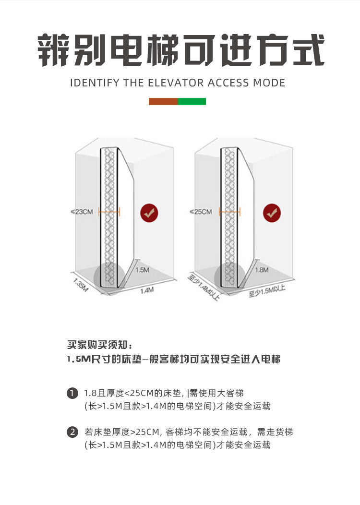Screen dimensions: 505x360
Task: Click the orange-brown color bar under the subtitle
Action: point(163,101)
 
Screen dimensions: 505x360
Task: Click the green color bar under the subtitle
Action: point(192,101)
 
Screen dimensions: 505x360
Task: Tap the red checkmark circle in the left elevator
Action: point(149,212)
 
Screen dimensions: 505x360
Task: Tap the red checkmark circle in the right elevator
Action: point(272,212)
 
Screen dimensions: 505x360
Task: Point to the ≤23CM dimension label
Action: point(82,211)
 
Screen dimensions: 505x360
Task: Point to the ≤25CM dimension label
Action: point(201,211)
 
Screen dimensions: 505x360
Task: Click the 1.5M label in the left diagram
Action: point(142,270)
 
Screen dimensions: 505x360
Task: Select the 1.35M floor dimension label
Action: point(81,284)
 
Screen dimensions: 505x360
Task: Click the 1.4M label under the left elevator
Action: point(146,290)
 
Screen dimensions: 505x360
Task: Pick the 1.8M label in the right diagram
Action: point(262,270)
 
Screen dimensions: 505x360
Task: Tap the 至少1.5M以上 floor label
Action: point(267,290)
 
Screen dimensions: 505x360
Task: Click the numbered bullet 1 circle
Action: point(72,394)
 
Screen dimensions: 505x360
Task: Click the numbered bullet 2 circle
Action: point(72,432)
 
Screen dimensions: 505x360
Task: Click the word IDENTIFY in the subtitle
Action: point(95,83)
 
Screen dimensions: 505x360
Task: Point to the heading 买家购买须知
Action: point(98,345)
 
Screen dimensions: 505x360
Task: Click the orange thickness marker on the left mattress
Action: point(109,211)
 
